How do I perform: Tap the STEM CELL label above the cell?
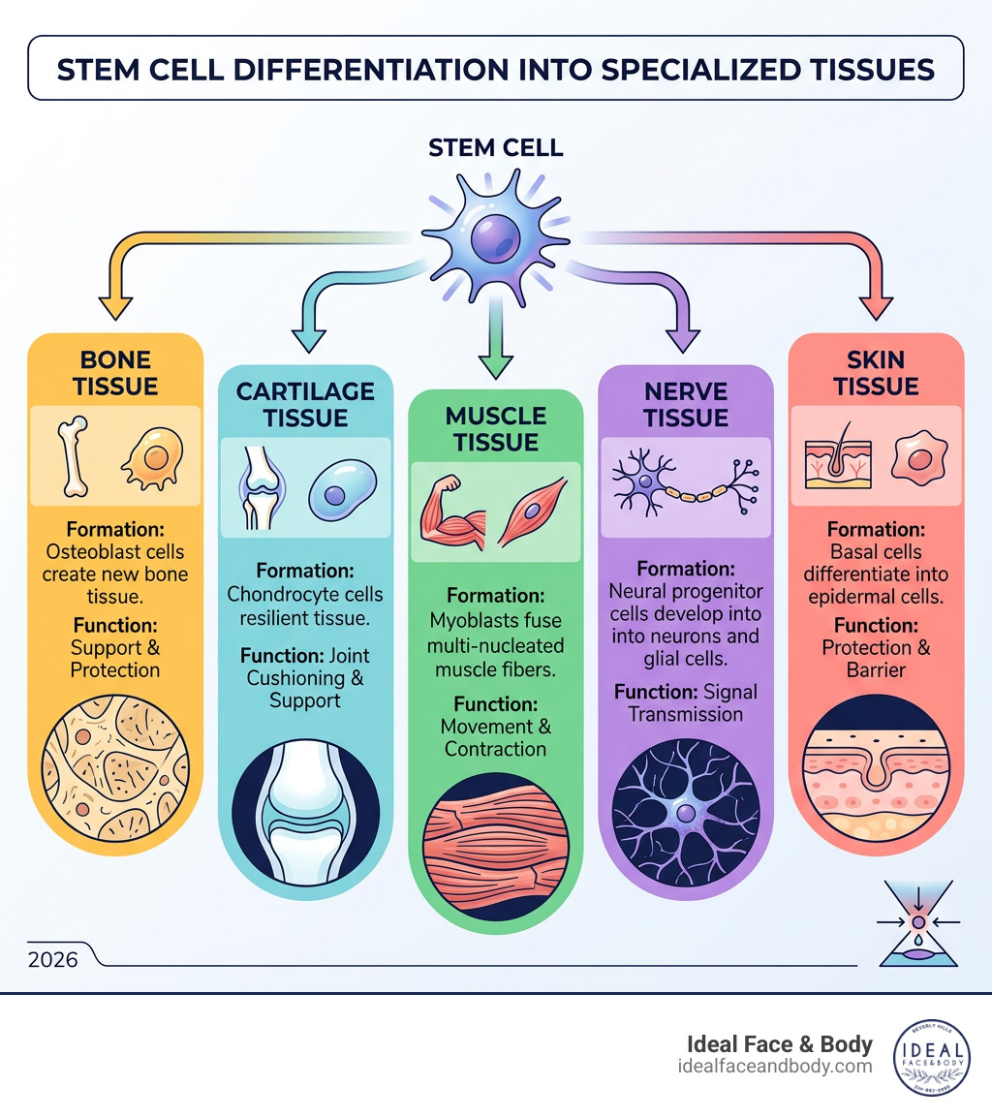(x=496, y=148)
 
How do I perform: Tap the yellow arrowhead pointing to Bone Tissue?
(x=116, y=308)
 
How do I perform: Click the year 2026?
(x=53, y=960)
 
